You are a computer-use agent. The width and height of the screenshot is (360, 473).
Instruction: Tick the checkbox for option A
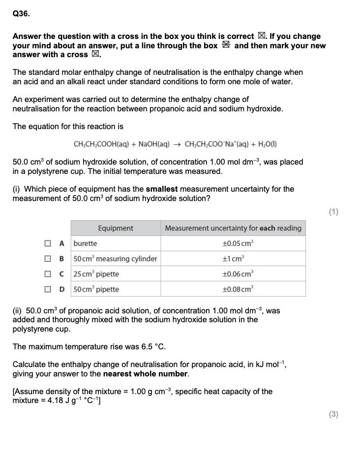click(x=49, y=243)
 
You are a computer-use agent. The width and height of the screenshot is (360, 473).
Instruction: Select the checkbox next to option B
click(x=49, y=259)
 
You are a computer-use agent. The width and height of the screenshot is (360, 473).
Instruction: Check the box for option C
click(x=49, y=274)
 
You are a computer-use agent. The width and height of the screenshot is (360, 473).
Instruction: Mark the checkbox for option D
click(x=49, y=289)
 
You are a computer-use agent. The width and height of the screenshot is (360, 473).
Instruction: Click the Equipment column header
click(x=116, y=228)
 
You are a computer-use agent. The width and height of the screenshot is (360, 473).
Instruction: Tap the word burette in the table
click(x=86, y=243)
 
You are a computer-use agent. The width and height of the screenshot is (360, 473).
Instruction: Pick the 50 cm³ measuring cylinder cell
click(x=115, y=259)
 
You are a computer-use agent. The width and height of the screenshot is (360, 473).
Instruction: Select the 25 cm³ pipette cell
click(x=96, y=274)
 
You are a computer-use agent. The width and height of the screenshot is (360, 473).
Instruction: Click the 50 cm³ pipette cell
click(x=96, y=289)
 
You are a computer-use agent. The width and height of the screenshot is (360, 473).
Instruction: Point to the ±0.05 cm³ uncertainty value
click(x=233, y=243)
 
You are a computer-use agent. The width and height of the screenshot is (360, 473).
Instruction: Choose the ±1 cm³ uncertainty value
click(x=233, y=259)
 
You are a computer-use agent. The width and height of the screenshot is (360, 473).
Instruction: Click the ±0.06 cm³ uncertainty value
click(x=233, y=274)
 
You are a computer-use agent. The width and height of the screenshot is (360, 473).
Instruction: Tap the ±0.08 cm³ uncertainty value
click(x=233, y=289)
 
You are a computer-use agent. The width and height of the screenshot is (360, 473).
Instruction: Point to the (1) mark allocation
click(x=333, y=212)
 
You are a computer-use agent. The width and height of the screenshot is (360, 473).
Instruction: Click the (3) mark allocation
click(x=333, y=414)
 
